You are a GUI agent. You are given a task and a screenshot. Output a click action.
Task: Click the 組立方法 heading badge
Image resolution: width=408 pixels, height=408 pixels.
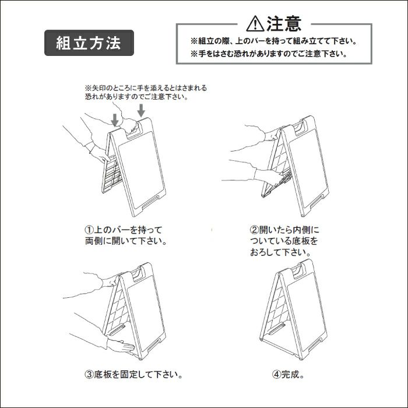(x=89, y=43)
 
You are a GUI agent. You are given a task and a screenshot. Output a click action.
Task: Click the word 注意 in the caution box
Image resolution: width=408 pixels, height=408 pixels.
(x=284, y=23)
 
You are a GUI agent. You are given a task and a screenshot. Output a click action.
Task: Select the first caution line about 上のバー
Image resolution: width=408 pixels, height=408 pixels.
(x=273, y=42)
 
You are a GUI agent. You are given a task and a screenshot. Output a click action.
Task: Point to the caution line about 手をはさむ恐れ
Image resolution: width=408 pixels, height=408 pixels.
(x=268, y=54)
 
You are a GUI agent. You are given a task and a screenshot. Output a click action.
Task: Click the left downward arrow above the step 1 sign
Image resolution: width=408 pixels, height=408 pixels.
(x=115, y=119)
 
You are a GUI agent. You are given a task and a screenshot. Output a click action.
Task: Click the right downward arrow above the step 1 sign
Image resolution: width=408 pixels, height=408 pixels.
(x=140, y=110)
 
